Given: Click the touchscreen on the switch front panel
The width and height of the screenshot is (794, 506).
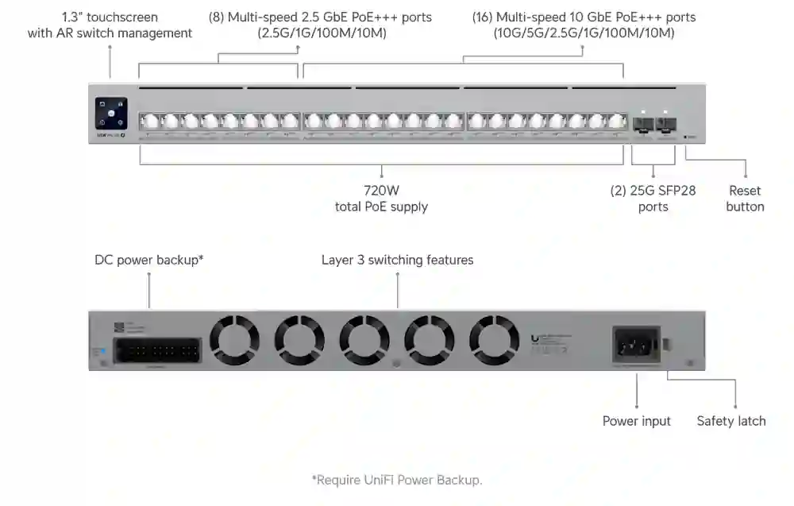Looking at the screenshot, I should pyautogui.click(x=110, y=113).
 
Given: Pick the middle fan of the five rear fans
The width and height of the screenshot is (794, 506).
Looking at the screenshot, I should pyautogui.click(x=364, y=340).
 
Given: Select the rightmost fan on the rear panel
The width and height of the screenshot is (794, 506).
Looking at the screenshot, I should pyautogui.click(x=493, y=340).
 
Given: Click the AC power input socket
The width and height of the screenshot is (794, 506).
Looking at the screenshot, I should pyautogui.click(x=635, y=346).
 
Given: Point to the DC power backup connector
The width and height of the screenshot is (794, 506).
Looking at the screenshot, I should pyautogui.click(x=157, y=350).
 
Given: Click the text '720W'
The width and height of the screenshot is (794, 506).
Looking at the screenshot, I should pyautogui.click(x=381, y=191).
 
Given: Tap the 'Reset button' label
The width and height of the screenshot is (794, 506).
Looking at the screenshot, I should pyautogui.click(x=745, y=199).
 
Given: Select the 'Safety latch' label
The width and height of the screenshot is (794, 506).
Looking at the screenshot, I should pyautogui.click(x=730, y=421).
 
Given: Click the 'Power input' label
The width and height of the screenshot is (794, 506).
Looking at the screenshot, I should pyautogui.click(x=636, y=421).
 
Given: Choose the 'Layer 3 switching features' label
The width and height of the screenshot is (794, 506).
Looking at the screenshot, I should pyautogui.click(x=397, y=260).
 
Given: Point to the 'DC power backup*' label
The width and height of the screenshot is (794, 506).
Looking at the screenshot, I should pyautogui.click(x=149, y=260).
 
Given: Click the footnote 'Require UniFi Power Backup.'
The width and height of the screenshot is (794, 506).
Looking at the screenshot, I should pyautogui.click(x=397, y=480).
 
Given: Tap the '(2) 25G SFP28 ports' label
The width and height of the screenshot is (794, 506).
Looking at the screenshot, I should pyautogui.click(x=653, y=199).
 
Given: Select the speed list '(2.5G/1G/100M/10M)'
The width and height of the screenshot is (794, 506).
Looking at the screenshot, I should pyautogui.click(x=321, y=33).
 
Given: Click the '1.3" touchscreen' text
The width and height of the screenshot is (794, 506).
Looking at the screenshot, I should pyautogui.click(x=110, y=17).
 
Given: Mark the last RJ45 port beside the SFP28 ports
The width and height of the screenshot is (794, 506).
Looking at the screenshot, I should pyautogui.click(x=617, y=122).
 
